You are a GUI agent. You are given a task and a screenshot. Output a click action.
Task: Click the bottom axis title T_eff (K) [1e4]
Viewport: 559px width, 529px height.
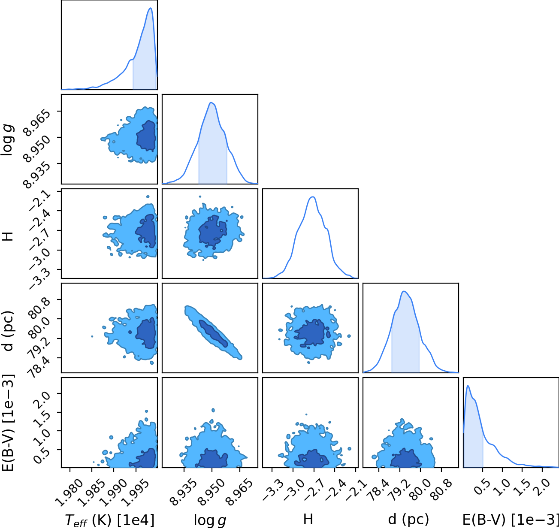[x=110, y=520]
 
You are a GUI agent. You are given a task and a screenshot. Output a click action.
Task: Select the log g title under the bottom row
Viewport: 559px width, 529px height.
[x=210, y=520]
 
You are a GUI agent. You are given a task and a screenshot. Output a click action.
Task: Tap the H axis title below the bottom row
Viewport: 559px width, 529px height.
[x=308, y=519]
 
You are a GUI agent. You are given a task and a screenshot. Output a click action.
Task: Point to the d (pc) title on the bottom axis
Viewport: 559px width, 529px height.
[x=408, y=519]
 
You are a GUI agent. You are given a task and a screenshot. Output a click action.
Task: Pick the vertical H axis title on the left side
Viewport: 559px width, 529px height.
[x=8, y=236]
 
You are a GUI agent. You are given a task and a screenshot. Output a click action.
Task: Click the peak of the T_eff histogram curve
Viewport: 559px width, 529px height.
[x=151, y=8]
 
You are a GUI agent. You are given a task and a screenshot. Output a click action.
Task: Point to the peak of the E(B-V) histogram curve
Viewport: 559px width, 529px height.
[x=468, y=386]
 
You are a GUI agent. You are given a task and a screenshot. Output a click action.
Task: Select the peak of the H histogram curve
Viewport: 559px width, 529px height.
[x=313, y=197]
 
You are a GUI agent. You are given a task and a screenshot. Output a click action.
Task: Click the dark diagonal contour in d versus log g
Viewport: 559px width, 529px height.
[x=213, y=333]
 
